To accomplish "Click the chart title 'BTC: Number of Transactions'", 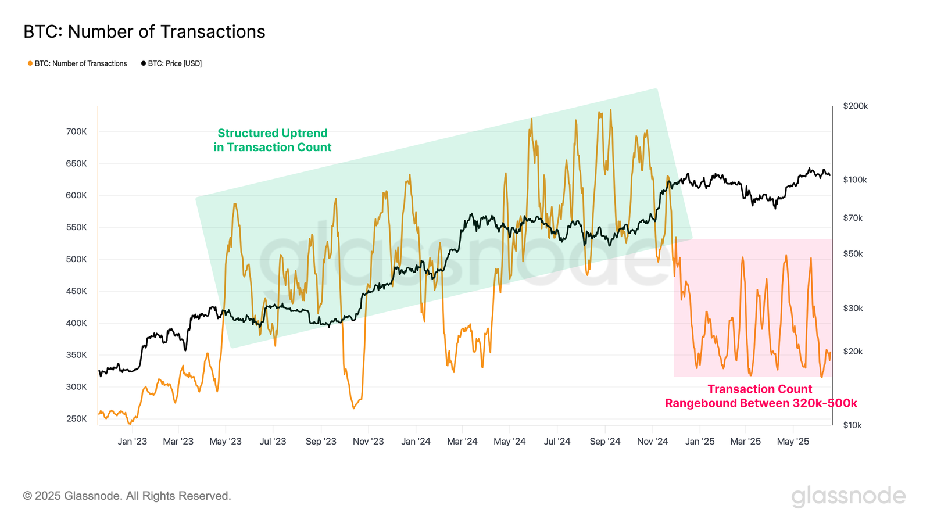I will [x=144, y=32].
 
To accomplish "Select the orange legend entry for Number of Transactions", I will [x=77, y=63].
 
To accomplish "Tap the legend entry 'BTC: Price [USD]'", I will [x=171, y=63].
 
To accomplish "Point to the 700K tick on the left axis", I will [x=76, y=132].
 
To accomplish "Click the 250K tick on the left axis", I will [x=76, y=419].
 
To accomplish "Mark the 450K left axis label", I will [x=76, y=291].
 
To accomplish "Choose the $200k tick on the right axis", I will [x=855, y=106].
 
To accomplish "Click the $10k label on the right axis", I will [x=852, y=425].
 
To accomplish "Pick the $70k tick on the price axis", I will [x=853, y=218].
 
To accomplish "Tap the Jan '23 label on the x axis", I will [x=133, y=442].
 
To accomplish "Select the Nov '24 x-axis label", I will [x=652, y=442].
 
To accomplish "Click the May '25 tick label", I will [x=793, y=442].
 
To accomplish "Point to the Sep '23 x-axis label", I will [x=321, y=442].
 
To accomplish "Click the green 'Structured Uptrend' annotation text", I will [x=273, y=140].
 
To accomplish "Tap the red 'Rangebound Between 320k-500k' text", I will [x=761, y=403].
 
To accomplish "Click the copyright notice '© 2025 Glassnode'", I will [x=127, y=496].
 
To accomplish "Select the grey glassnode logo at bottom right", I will [x=848, y=496].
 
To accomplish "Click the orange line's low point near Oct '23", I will [x=353, y=408].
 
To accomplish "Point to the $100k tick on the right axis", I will [x=855, y=180].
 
